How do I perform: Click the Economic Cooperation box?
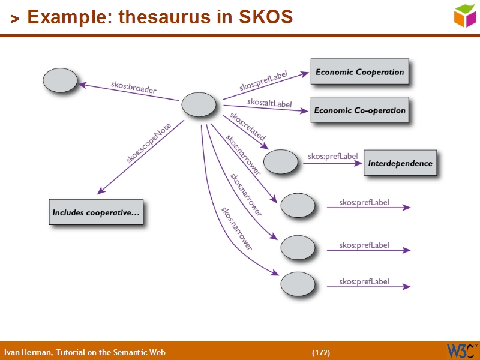click(359, 72)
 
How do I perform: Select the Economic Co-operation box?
click(359, 110)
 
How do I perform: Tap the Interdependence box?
click(400, 163)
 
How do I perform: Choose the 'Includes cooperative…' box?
click(96, 212)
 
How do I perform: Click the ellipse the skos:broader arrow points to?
click(61, 80)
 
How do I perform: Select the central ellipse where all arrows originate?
click(199, 105)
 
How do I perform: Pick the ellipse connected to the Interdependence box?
click(280, 161)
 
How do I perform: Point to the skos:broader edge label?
click(133, 88)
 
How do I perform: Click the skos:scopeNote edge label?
click(148, 143)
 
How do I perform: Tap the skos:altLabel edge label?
click(269, 103)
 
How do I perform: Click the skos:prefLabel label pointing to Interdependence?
click(332, 157)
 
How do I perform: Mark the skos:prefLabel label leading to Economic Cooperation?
click(263, 81)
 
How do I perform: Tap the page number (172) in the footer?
click(321, 352)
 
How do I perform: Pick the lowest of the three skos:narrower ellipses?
click(298, 284)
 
